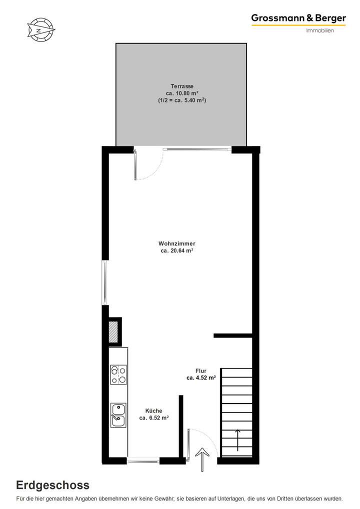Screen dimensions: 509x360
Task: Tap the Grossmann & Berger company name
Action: click(298, 18)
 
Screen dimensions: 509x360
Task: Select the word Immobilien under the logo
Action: click(319, 30)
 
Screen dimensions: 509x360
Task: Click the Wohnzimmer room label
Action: click(177, 243)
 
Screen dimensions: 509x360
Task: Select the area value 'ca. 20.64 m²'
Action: click(177, 251)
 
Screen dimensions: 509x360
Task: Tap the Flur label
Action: click(201, 371)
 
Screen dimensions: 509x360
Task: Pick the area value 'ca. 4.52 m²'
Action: click(201, 378)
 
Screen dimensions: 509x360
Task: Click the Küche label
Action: click(153, 410)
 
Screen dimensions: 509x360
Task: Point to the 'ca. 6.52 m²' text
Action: click(153, 418)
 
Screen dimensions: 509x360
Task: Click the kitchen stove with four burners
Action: click(118, 374)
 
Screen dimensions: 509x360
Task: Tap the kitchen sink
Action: click(118, 415)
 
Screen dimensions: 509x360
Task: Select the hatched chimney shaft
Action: click(114, 331)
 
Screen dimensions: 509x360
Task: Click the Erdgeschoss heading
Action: click(53, 484)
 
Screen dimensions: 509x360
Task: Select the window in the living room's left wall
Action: click(104, 282)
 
